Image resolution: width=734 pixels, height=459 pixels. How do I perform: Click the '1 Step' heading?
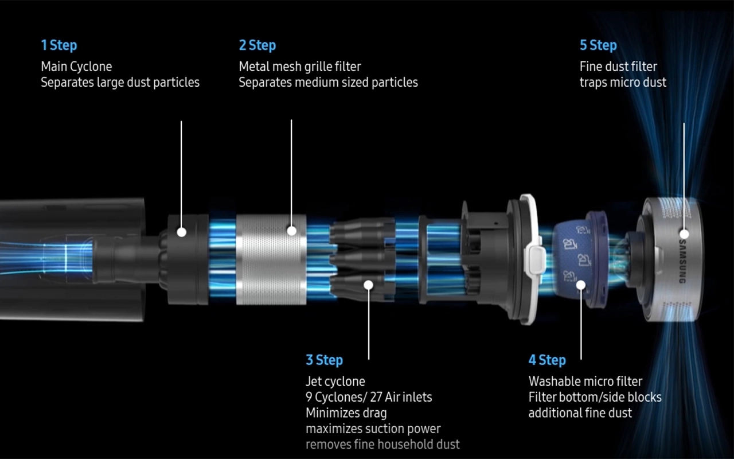pyautogui.click(x=59, y=45)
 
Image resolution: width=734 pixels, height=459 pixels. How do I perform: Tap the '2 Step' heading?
pyautogui.click(x=257, y=45)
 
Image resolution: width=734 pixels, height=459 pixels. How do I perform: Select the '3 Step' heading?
pyautogui.click(x=325, y=360)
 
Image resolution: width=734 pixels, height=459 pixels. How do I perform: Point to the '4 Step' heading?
pyautogui.click(x=547, y=360)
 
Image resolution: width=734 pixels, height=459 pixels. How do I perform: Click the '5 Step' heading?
pyautogui.click(x=598, y=45)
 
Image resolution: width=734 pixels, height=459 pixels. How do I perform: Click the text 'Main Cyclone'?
pyautogui.click(x=76, y=67)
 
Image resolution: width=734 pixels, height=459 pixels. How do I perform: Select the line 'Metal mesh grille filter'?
pyautogui.click(x=300, y=67)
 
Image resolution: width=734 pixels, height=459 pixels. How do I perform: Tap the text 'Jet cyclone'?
pyautogui.click(x=335, y=382)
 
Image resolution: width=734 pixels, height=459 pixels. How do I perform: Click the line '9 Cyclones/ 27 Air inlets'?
pyautogui.click(x=369, y=397)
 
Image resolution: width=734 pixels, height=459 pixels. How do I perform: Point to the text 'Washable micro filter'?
pyautogui.click(x=585, y=382)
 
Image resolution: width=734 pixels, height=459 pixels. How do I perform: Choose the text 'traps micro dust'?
pyautogui.click(x=623, y=82)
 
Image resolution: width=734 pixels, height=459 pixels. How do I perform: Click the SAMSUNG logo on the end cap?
pyautogui.click(x=682, y=261)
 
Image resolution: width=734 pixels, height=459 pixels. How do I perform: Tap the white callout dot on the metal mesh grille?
pyautogui.click(x=292, y=231)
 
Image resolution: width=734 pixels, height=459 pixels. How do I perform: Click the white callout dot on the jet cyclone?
pyautogui.click(x=368, y=285)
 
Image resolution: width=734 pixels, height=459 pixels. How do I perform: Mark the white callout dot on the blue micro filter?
pyautogui.click(x=581, y=285)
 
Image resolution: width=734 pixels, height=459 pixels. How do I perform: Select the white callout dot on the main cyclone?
pyautogui.click(x=182, y=232)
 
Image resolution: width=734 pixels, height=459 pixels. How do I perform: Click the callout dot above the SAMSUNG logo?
pyautogui.click(x=684, y=234)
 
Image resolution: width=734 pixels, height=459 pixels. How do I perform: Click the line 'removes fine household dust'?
pyautogui.click(x=382, y=444)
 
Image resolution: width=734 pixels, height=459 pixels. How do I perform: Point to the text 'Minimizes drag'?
pyautogui.click(x=346, y=413)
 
